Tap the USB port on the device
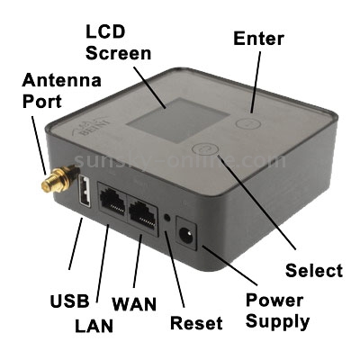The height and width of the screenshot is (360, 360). click(85, 191)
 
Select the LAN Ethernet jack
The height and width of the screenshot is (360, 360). click(112, 199)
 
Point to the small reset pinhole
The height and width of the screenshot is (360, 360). click(167, 217)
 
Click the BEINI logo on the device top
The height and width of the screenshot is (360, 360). click(82, 128)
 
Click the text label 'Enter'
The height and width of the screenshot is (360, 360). click(258, 39)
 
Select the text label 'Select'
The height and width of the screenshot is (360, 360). click(313, 270)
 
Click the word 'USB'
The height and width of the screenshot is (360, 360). click(69, 301)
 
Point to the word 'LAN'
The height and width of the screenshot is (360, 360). click(94, 326)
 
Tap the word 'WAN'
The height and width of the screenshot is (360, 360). click(134, 303)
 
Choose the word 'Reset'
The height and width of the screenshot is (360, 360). click(196, 323)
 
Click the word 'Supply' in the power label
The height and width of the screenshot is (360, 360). click(277, 321)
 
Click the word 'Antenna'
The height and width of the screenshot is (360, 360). click(61, 80)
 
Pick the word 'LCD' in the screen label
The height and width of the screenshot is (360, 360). click(105, 31)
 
